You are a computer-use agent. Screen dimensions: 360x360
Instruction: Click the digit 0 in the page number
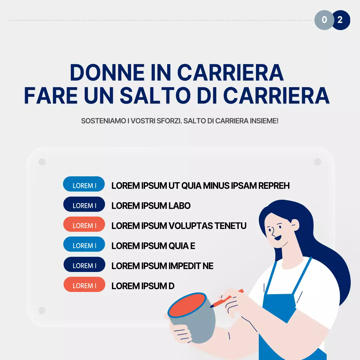click(324, 20)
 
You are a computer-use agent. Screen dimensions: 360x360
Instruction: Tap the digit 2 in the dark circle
click(340, 20)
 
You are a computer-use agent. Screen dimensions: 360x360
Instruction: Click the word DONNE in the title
click(107, 73)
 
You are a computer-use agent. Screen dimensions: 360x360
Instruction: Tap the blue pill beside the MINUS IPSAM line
click(84, 184)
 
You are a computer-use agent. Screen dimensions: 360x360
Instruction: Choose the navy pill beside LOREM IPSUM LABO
click(84, 204)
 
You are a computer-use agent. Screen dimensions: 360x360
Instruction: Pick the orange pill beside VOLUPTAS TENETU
click(84, 224)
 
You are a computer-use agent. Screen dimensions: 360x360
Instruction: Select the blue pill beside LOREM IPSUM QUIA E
click(84, 244)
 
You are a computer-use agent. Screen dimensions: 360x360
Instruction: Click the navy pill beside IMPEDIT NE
click(84, 265)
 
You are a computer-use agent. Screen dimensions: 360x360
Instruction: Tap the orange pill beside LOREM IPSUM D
click(84, 285)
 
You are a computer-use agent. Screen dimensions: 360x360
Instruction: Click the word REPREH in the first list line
click(274, 186)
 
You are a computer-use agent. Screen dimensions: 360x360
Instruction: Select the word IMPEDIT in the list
click(185, 266)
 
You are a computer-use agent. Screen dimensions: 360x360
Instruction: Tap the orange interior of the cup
click(187, 305)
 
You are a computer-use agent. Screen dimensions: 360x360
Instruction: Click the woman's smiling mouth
click(278, 238)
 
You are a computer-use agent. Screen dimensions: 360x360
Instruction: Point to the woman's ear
click(295, 225)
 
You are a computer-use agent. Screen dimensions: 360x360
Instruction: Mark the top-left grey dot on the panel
click(42, 162)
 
